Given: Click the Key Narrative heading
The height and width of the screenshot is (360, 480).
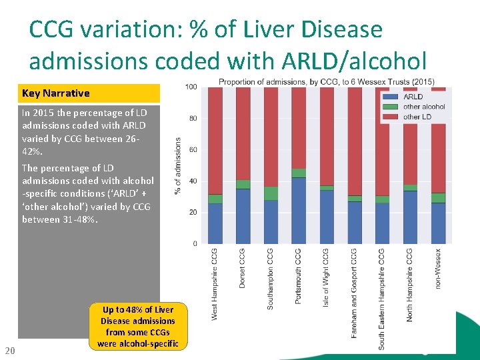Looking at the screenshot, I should (x=56, y=93).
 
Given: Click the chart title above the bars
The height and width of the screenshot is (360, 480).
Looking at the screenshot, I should (x=326, y=82).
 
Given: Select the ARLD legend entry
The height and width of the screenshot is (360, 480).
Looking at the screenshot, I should (x=413, y=97).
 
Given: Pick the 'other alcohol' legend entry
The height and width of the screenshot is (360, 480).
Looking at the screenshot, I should (x=424, y=107).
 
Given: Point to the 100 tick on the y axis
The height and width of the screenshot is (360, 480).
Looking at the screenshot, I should (x=191, y=87).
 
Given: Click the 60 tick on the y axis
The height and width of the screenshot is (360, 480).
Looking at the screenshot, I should (x=193, y=150).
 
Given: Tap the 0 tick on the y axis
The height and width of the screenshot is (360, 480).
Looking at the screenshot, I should (x=195, y=244).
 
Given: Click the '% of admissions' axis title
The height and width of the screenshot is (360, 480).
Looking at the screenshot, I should (x=178, y=166).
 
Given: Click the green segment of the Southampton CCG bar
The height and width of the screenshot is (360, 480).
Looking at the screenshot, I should (x=271, y=193).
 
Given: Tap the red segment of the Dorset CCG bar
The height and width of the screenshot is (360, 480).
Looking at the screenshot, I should (x=243, y=133).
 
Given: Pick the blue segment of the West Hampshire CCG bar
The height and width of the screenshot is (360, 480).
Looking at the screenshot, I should (x=215, y=223).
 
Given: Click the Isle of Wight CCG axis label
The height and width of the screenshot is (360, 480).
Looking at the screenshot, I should (x=326, y=276).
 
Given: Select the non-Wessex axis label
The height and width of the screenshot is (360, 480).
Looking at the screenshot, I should (x=438, y=269).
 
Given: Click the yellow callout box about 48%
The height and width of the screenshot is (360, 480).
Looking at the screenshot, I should (x=138, y=327).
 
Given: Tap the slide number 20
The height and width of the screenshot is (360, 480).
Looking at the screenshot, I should (x=9, y=351).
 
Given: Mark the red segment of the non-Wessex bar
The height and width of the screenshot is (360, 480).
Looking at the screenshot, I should (x=438, y=140).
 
